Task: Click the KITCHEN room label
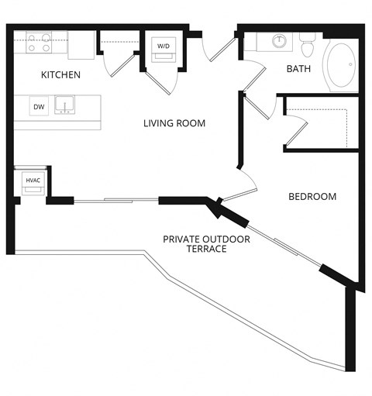(61, 74)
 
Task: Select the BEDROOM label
(312, 197)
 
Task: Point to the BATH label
(298, 69)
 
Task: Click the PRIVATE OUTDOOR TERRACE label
(206, 244)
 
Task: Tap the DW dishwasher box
(38, 106)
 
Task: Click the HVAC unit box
(33, 181)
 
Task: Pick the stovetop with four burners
(39, 42)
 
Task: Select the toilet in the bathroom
(307, 46)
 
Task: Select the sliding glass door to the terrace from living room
(116, 201)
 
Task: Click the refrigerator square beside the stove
(81, 45)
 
